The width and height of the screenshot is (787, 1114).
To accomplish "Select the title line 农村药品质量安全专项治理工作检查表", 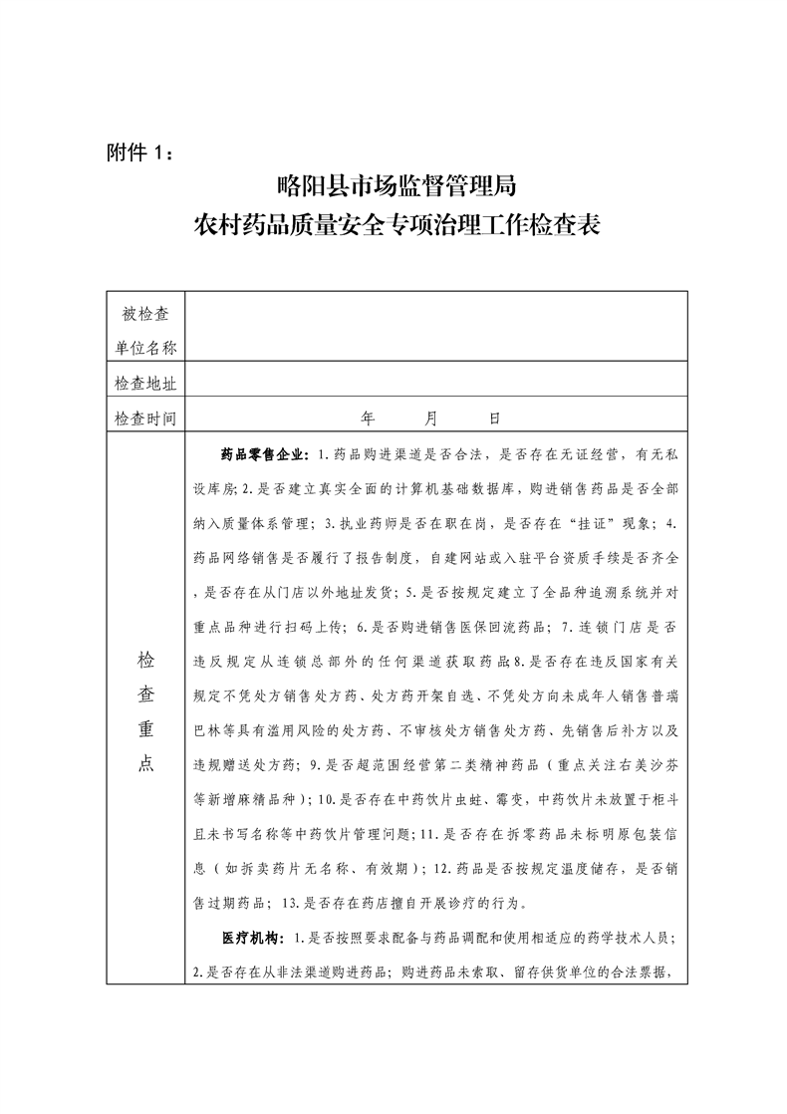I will pyautogui.click(x=395, y=224).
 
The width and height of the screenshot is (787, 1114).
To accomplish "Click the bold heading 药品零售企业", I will pyautogui.click(x=266, y=454).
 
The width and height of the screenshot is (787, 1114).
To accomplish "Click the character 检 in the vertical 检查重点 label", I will pyautogui.click(x=145, y=659).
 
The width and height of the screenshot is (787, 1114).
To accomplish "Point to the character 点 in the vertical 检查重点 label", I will pyautogui.click(x=145, y=763).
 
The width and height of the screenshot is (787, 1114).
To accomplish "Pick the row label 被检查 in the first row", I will pyautogui.click(x=145, y=315).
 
